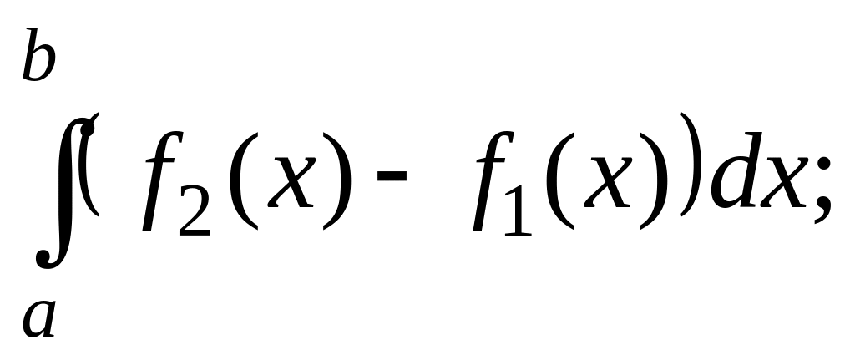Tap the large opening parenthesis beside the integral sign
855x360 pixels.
pos(90,164)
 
